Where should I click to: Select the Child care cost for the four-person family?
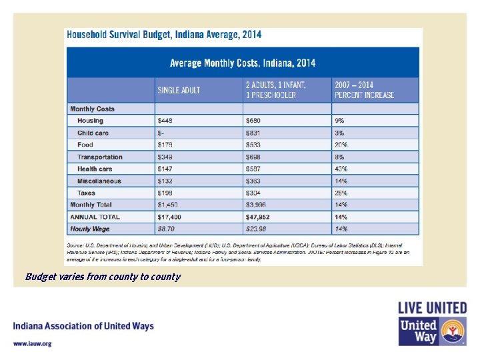click(x=253, y=133)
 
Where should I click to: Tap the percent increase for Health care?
click(x=341, y=169)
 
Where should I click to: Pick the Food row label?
click(x=85, y=145)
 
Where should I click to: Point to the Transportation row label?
click(x=99, y=157)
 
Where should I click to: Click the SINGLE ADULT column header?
click(x=179, y=90)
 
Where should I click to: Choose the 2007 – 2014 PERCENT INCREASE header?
click(x=364, y=90)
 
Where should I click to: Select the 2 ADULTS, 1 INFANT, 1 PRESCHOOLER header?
click(x=276, y=90)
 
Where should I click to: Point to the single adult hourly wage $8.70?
click(x=166, y=229)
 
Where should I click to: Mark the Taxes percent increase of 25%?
click(x=341, y=193)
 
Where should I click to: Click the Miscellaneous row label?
click(x=99, y=181)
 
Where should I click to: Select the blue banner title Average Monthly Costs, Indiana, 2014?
click(x=243, y=63)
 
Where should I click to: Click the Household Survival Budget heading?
click(x=163, y=35)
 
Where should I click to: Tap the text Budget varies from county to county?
click(x=103, y=277)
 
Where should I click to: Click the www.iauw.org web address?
click(x=33, y=343)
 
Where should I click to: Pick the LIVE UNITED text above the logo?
click(x=432, y=308)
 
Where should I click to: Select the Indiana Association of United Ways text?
click(x=83, y=327)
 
